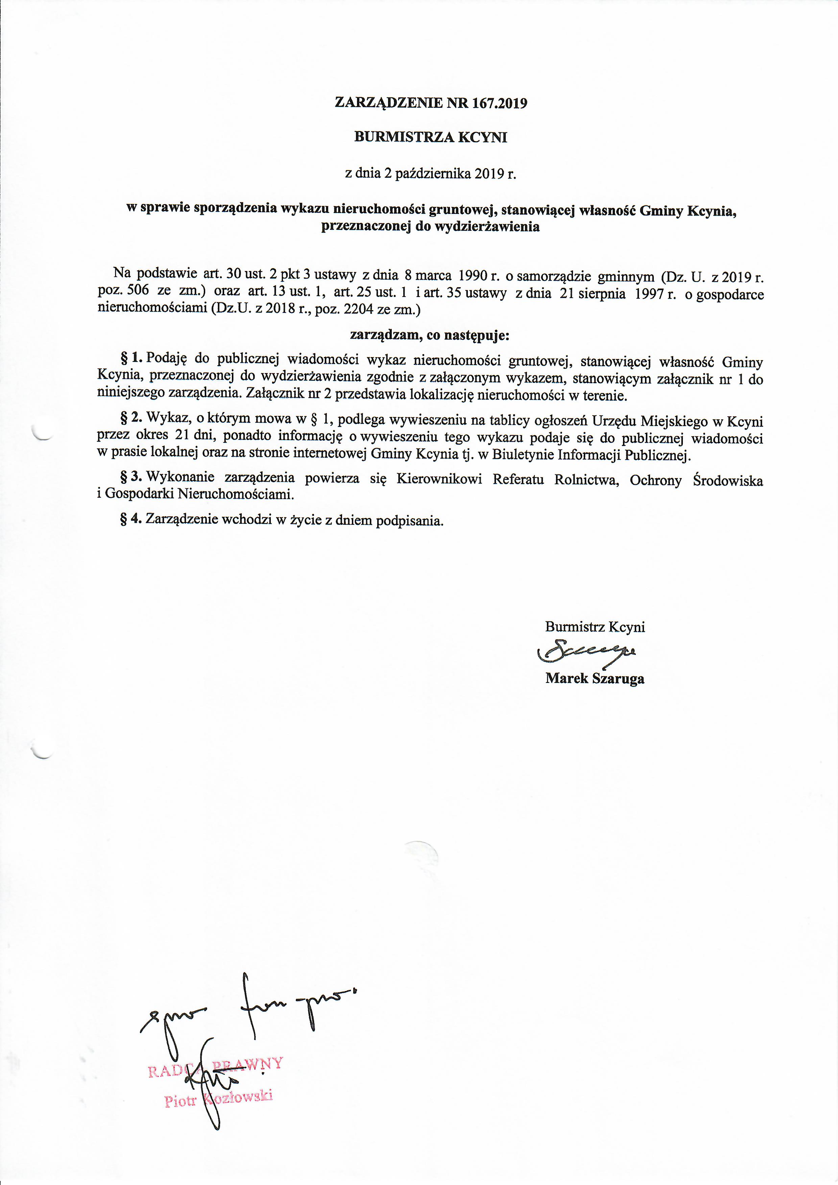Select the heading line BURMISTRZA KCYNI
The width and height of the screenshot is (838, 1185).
pyautogui.click(x=431, y=137)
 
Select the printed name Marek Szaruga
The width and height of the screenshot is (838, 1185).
pyautogui.click(x=595, y=678)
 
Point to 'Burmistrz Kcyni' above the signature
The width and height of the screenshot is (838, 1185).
pyautogui.click(x=595, y=627)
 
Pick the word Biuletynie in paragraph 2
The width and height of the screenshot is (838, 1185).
pyautogui.click(x=521, y=455)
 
